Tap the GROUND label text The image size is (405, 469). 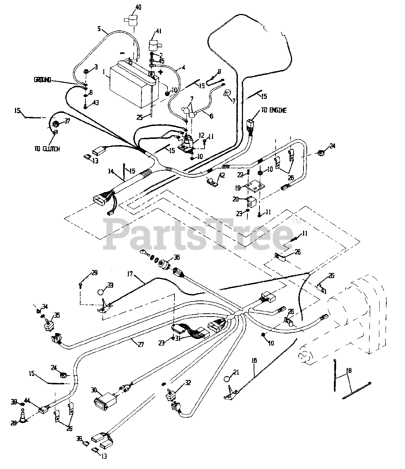[x=43, y=80]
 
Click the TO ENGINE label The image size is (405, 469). [x=274, y=110]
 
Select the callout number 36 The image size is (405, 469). [x=177, y=257]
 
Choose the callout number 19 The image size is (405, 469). [x=238, y=188]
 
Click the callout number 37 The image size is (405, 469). [x=67, y=122]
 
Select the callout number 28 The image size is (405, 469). [x=13, y=423]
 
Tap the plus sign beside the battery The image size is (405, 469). [x=160, y=72]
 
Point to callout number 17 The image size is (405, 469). [x=130, y=274]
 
